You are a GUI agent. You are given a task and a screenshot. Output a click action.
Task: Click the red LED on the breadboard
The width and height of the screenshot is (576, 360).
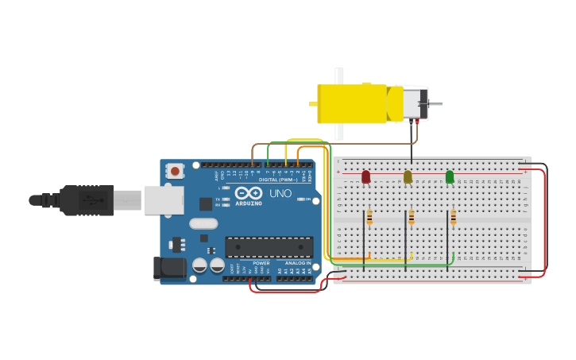click(x=365, y=176)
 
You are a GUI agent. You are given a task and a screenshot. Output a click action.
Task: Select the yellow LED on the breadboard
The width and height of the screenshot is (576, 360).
click(x=408, y=176)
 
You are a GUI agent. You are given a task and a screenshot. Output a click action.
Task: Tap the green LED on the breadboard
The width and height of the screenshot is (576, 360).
click(x=450, y=176)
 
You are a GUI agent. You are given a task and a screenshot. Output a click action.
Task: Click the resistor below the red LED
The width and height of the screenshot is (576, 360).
click(x=369, y=217)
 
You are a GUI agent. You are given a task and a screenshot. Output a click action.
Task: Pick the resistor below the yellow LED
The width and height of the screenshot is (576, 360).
click(x=412, y=217)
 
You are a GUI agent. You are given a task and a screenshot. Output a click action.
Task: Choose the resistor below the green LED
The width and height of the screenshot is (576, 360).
click(x=454, y=217)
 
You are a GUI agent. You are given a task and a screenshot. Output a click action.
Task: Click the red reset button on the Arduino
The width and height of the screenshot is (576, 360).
click(x=175, y=171)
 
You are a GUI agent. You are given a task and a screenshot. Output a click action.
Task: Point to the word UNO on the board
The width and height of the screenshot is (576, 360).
click(x=280, y=193)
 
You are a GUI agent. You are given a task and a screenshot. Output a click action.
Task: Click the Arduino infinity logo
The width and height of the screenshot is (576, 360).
click(x=248, y=193)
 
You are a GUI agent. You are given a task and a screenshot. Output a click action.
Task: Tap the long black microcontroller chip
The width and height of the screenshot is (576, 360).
click(x=269, y=247)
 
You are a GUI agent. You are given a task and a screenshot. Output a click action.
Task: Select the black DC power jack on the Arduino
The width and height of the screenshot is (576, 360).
click(x=168, y=268)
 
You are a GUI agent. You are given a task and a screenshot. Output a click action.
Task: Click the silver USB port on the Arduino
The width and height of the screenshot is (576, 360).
click(x=164, y=200)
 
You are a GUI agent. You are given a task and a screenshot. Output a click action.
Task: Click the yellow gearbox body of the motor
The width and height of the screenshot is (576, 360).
click(x=354, y=103)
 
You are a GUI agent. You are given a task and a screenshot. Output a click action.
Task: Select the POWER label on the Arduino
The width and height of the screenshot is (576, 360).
click(x=261, y=263)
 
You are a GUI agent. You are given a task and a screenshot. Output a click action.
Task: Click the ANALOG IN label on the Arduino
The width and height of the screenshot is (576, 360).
click(x=298, y=263)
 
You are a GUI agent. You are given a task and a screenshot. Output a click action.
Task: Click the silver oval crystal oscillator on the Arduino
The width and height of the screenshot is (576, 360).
click(x=203, y=223)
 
